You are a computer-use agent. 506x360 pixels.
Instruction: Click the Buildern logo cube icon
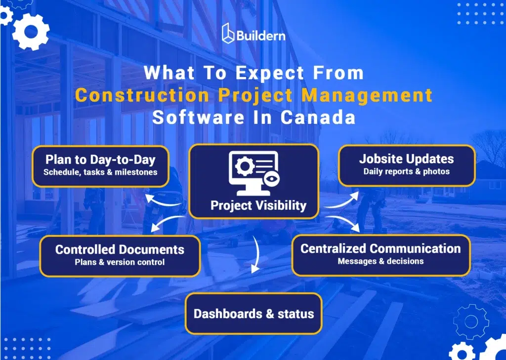click(x=228, y=33)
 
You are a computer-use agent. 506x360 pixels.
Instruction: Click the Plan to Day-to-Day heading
click(x=100, y=160)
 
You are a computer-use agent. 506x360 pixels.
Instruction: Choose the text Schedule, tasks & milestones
click(x=100, y=172)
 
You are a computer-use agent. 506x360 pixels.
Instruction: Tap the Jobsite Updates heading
click(x=406, y=159)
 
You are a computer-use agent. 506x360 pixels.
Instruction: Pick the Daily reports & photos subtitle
click(x=406, y=172)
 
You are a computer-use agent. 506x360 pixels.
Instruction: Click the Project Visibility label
click(x=258, y=205)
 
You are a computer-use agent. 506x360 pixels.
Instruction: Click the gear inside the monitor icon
click(x=244, y=166)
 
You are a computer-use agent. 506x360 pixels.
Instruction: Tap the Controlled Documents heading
click(x=120, y=249)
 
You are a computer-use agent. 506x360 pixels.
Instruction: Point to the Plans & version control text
click(x=120, y=262)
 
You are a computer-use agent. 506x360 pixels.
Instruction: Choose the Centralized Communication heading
click(x=380, y=248)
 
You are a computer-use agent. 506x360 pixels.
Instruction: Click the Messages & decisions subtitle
click(x=380, y=261)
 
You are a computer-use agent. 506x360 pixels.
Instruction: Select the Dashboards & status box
click(x=253, y=314)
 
